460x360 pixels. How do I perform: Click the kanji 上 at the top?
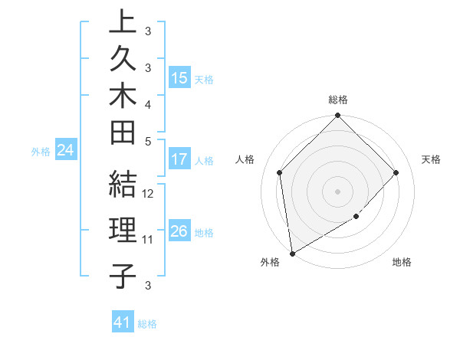pos(123,23)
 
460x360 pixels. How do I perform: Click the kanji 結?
pos(123,184)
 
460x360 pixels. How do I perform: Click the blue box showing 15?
pos(179,78)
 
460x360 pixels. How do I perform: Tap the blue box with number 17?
pos(179,160)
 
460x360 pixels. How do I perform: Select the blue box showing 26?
pos(179,231)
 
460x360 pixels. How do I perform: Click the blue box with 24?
pos(65,151)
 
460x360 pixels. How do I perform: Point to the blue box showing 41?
pos(123,322)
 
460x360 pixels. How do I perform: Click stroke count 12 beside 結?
pos(148,194)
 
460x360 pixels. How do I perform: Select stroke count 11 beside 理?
pos(148,240)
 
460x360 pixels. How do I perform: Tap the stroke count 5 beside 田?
pos(148,141)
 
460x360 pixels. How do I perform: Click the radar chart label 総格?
pos(337,100)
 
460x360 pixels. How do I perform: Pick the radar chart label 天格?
pos(431,159)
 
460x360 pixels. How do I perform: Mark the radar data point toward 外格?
pos(292,254)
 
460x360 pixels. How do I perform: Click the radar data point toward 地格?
pos(356,217)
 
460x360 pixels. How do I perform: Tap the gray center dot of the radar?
pos(337,191)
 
